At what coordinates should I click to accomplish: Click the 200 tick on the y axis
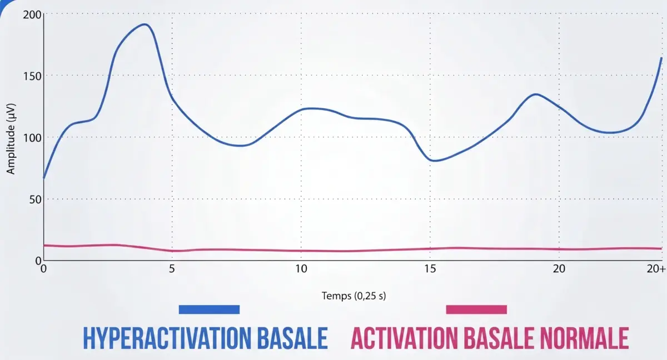coord(32,14)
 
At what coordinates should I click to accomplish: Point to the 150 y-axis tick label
coord(32,76)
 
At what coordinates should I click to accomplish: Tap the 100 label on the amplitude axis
coord(32,137)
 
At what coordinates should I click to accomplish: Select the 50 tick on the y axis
coord(35,199)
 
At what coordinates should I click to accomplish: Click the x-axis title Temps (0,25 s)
coord(354,296)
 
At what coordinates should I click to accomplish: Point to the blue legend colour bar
coord(209,309)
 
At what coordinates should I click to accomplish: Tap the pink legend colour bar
coord(476,309)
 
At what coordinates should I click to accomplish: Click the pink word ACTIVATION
coord(405,338)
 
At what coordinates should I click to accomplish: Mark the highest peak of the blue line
coord(145,24)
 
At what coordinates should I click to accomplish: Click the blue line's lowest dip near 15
coord(434,161)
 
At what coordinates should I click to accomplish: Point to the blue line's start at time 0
coord(44,178)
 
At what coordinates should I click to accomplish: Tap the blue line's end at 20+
coord(661,58)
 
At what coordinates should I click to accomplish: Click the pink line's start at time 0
coord(44,245)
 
